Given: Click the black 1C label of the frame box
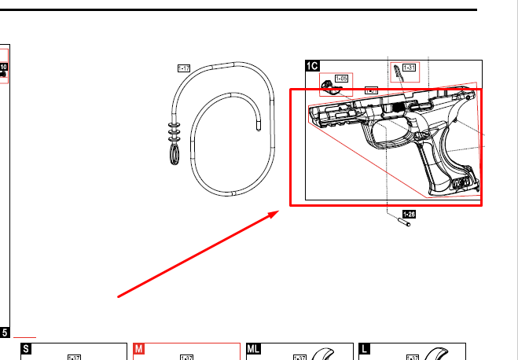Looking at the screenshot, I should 312,67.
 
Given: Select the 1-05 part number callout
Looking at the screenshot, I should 342,79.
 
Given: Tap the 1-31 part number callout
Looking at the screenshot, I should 409,68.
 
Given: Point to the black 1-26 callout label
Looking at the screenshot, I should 409,213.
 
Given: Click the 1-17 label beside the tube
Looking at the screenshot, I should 184,69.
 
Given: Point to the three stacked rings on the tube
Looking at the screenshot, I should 174,130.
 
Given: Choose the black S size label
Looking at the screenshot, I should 26,349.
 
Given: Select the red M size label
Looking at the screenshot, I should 138,349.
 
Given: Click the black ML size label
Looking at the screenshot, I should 254,349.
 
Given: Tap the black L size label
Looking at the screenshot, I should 364,349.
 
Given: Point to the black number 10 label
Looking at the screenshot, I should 3,68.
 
